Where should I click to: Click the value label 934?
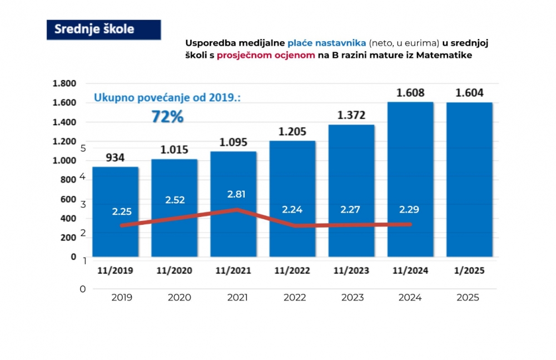coord(116,158)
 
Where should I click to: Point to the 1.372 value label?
coord(351,115)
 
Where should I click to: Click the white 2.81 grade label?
coord(236,194)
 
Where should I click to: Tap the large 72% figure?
coord(167,117)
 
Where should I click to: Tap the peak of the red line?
coord(237,210)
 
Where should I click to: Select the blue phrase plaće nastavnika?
coord(327,43)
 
